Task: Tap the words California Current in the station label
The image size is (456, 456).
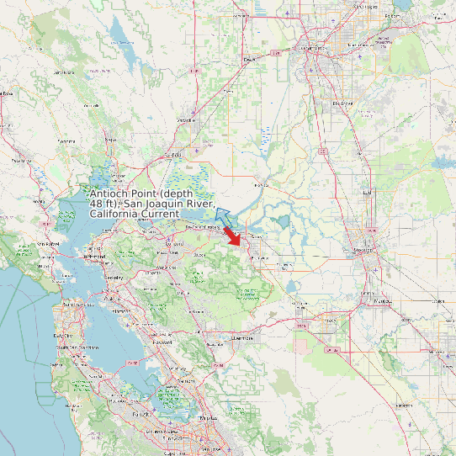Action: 128,215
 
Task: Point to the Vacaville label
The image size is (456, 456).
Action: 186,120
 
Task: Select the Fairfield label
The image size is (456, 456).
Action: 174,155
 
